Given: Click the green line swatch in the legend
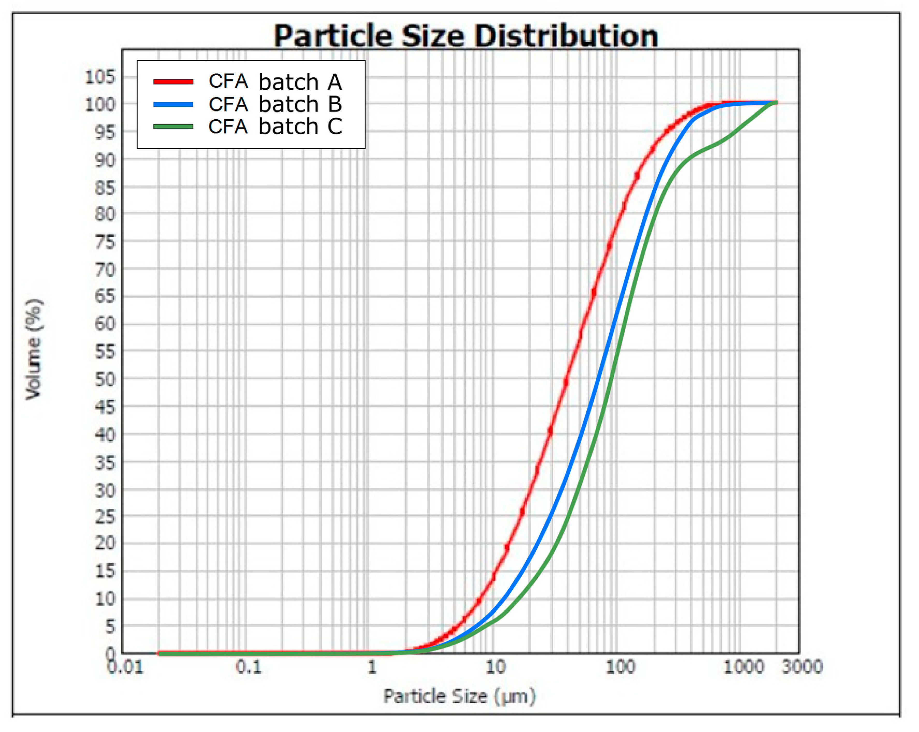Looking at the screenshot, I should (173, 126).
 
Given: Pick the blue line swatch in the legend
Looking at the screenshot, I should (173, 104).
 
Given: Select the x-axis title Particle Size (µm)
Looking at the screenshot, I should (459, 697).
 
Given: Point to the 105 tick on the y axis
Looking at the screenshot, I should (100, 78).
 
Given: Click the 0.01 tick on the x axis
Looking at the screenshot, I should (126, 668).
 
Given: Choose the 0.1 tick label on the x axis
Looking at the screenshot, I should (249, 667).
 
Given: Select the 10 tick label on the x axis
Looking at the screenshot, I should (495, 667).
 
